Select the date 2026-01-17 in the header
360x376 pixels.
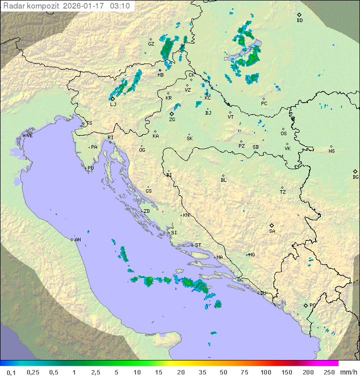(x=84, y=6)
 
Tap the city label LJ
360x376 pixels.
(x=113, y=105)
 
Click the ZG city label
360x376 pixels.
(x=172, y=120)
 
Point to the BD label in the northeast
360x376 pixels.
(x=299, y=21)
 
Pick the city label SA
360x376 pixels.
(x=272, y=231)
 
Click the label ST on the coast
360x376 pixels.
(x=198, y=245)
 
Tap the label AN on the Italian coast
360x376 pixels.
(x=77, y=240)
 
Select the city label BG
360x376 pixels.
(x=355, y=177)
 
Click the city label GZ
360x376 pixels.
(x=151, y=44)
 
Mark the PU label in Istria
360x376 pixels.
(x=90, y=168)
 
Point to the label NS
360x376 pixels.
(x=331, y=151)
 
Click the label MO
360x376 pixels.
(x=251, y=255)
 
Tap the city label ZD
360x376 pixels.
(x=146, y=211)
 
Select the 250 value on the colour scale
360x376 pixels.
(x=328, y=372)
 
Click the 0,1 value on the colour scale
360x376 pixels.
(x=11, y=372)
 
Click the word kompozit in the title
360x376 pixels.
(x=42, y=6)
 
